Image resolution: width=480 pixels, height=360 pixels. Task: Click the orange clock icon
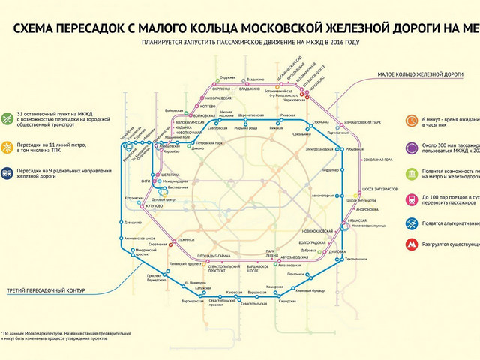point(412,120)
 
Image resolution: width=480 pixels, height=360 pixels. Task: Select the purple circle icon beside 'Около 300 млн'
point(412,147)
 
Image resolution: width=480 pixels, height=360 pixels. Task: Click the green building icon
point(412,174)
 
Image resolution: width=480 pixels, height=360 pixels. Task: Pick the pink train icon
point(412,199)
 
